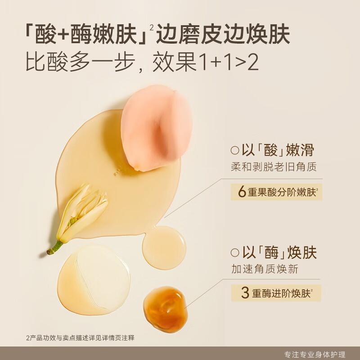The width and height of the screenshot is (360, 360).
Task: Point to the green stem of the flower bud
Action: [56, 247]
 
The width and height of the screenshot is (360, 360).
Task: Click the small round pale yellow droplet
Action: [164, 247]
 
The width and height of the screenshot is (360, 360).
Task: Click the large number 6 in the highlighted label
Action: [242, 192]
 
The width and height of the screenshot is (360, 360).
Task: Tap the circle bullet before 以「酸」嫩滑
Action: [234, 150]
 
